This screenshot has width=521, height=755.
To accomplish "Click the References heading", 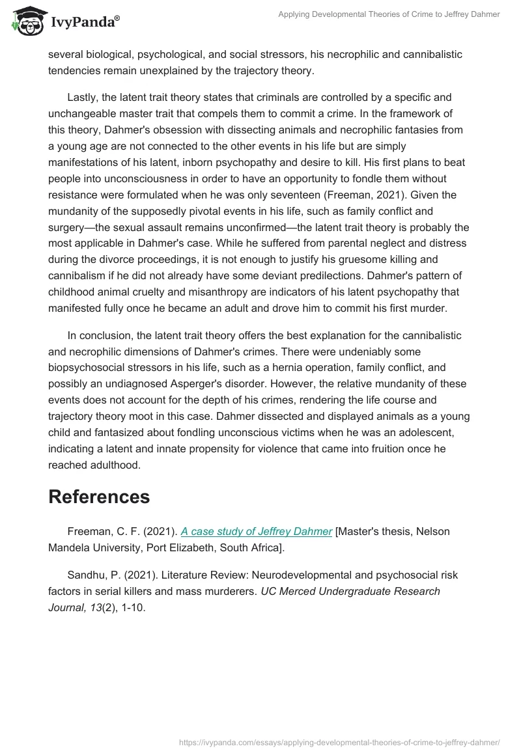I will [99, 497].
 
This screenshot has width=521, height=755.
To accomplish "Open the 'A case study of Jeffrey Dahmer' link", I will [257, 531].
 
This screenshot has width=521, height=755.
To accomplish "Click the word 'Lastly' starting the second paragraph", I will [85, 98].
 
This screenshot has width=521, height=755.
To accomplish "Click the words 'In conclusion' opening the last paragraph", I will [97, 336].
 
